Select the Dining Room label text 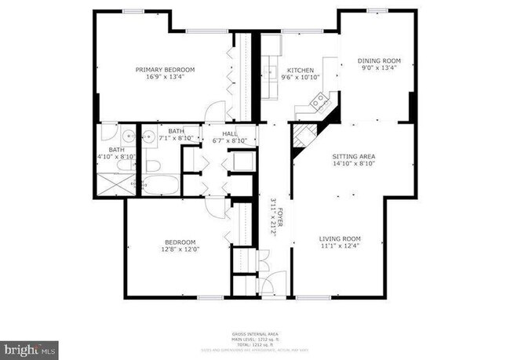point(379,60)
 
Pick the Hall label point(230,134)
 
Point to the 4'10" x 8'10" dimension point(116,156)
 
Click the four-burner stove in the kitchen point(319,100)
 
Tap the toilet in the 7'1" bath point(152,165)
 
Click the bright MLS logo point(29,346)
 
